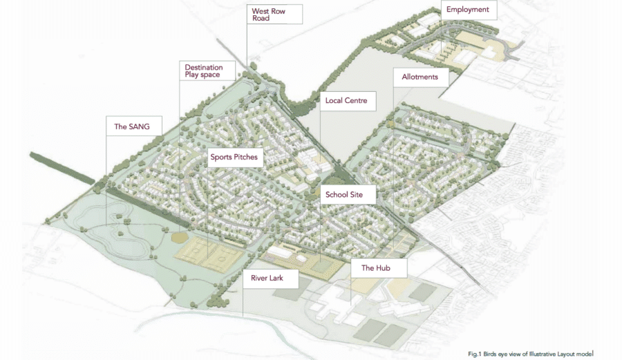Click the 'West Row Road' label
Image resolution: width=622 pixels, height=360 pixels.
(275, 14)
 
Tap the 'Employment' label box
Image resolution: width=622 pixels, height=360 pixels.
(467, 10)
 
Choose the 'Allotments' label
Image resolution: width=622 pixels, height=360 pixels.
(420, 77)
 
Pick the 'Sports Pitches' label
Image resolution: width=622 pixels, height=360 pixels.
(234, 157)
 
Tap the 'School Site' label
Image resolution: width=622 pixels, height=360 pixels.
(349, 195)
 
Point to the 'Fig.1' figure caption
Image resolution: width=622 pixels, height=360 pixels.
(475, 354)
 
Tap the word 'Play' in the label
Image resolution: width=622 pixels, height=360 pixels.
(193, 75)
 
